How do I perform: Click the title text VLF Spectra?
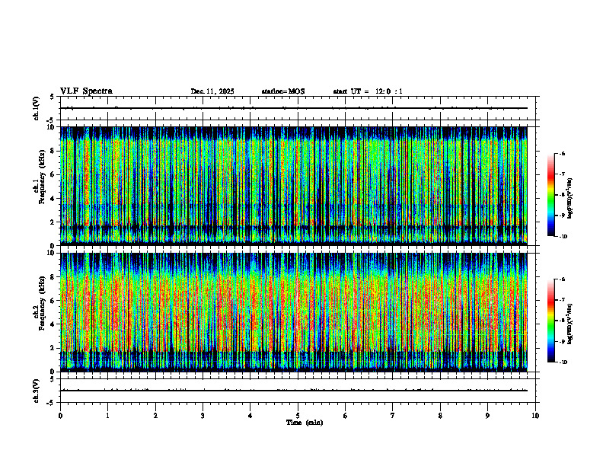[86, 91]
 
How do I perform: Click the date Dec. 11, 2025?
[212, 91]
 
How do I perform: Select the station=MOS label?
[282, 91]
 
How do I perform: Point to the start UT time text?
[368, 91]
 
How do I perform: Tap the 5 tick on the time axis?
[298, 416]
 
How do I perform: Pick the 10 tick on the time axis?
[535, 416]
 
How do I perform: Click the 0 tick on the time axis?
[60, 416]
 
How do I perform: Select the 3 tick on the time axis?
[203, 416]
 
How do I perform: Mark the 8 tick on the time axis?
[440, 416]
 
